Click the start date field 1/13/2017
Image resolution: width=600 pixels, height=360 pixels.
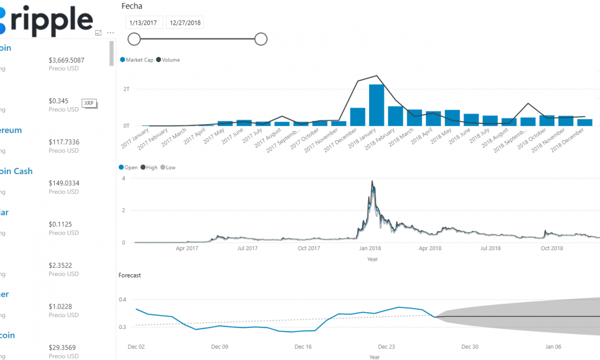click(144, 22)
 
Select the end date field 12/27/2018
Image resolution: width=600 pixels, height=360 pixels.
click(184, 22)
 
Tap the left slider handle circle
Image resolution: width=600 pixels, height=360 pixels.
click(134, 39)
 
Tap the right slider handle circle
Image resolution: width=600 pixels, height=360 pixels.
click(261, 39)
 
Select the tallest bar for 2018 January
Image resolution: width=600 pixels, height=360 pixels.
click(377, 105)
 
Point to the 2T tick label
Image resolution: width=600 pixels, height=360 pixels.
click(126, 89)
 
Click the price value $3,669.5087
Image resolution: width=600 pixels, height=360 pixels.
click(66, 60)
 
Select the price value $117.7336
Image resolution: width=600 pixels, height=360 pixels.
click(64, 142)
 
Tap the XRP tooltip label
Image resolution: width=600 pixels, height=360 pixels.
click(89, 103)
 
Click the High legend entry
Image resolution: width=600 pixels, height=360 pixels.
click(152, 168)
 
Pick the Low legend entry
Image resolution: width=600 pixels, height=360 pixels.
click(170, 168)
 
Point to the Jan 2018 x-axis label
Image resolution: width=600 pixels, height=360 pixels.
click(370, 248)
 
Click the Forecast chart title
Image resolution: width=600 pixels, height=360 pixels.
click(130, 275)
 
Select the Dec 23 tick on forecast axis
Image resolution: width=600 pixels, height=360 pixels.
click(386, 347)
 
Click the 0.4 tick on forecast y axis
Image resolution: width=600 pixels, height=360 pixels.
click(123, 299)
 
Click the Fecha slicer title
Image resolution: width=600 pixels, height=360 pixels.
click(132, 6)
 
